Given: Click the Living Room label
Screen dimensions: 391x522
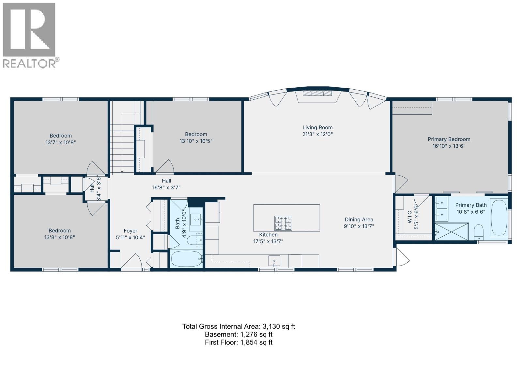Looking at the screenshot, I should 317,128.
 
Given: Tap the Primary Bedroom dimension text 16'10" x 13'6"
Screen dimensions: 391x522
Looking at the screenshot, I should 449,146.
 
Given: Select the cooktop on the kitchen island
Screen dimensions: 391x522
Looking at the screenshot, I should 283,223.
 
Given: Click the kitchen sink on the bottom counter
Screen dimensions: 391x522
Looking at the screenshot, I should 274,261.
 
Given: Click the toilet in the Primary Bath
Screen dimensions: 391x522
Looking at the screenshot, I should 478,232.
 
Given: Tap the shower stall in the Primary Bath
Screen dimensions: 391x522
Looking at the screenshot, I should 452,231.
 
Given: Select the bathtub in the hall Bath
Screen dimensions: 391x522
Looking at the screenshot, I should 186,259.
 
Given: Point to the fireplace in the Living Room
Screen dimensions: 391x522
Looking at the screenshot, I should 317,93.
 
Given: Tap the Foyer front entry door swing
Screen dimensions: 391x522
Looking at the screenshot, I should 131,262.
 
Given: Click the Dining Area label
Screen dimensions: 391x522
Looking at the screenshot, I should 359,220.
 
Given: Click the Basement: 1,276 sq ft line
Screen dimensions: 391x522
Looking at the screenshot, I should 238,334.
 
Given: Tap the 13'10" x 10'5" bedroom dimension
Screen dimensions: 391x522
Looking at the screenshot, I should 196,141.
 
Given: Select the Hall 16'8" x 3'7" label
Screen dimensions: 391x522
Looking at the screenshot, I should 166,184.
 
